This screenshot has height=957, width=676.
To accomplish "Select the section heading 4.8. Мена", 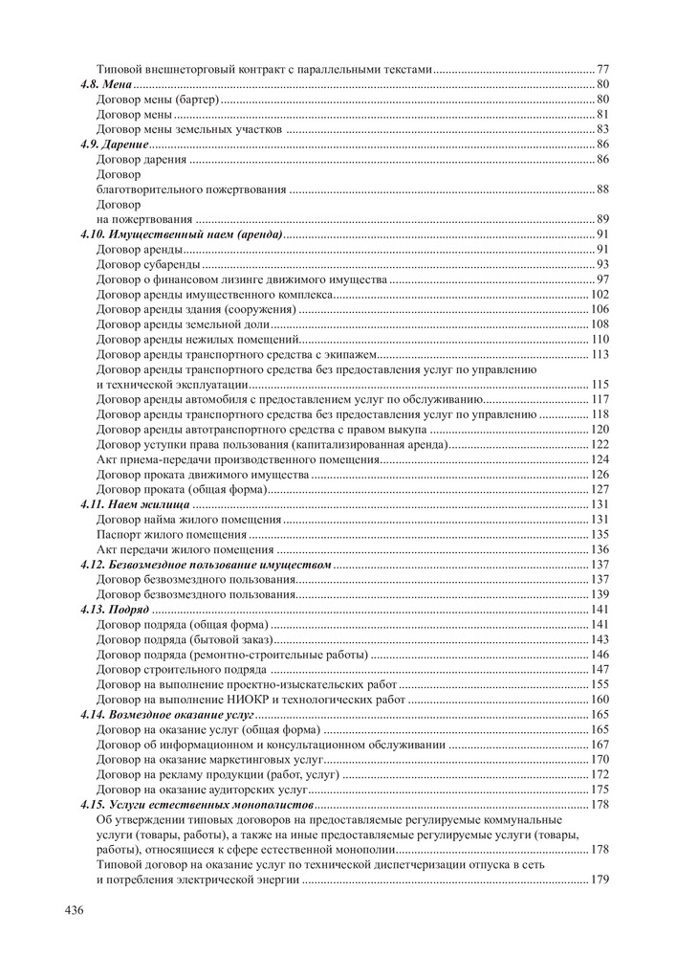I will (x=105, y=84).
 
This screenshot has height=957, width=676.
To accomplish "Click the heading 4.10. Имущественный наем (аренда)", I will (x=182, y=234).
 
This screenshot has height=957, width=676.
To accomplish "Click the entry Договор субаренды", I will (x=149, y=264).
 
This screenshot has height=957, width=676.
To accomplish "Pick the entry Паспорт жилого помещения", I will (x=172, y=534).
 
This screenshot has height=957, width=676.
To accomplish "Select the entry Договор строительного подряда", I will (x=176, y=669).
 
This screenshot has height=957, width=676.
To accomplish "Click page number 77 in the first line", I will (x=603, y=69).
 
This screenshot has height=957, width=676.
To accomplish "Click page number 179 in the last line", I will (x=600, y=879).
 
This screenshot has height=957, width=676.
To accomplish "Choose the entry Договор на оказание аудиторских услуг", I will (x=202, y=790).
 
